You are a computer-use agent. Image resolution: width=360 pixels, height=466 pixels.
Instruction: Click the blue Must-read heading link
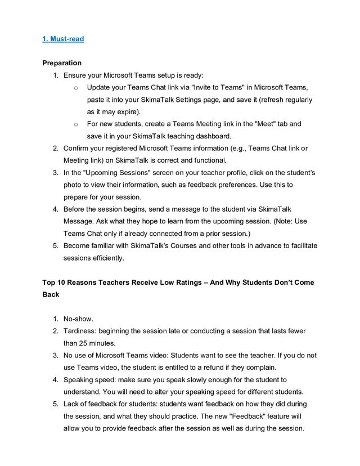click(63, 39)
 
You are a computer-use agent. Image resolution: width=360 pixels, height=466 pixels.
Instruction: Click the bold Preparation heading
click(62, 63)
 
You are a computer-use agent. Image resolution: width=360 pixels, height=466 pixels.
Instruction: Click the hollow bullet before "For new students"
click(75, 124)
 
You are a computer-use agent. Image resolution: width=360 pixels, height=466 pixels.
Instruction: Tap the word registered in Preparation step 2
click(116, 149)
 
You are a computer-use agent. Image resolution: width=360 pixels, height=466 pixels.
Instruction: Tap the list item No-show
click(78, 319)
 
